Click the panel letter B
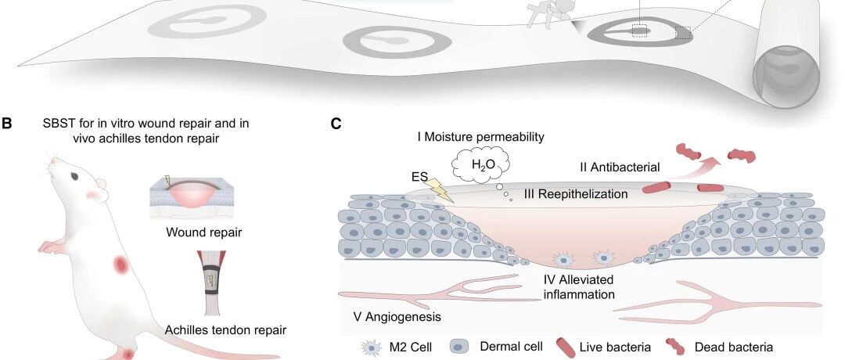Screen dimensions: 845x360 pos(7,124)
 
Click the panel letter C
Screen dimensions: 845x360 pos(336,124)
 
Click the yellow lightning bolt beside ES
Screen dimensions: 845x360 pos(437,189)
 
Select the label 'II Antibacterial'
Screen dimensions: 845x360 pos(620,167)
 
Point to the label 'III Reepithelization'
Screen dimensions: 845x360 pos(576,193)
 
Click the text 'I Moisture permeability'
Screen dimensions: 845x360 pos(480,137)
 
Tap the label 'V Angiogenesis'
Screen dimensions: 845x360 pos(397,316)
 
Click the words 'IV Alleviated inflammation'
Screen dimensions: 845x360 pos(578,286)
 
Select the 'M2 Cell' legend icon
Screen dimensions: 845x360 pos(370,347)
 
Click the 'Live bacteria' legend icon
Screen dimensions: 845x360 pos(564,346)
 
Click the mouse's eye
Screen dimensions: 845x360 pos(74,176)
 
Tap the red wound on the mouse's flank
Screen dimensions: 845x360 pos(120,265)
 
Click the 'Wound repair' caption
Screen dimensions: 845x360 pos(203,232)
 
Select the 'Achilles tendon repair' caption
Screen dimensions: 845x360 pos(225,329)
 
